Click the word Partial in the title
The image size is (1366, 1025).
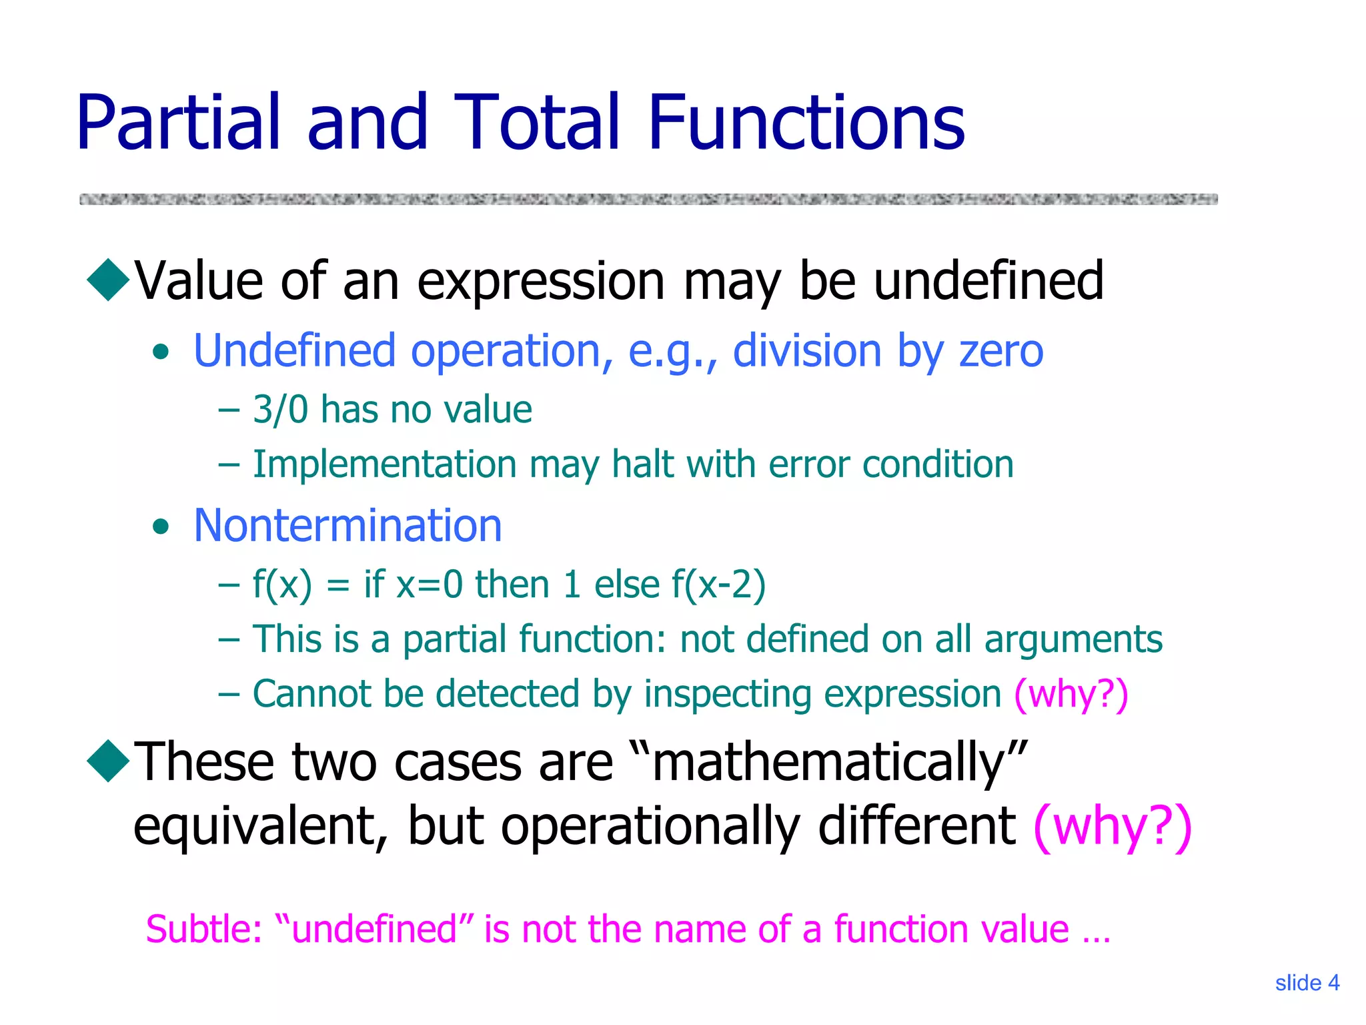click(177, 123)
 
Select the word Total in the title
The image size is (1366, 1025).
click(537, 123)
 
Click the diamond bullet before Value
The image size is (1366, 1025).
click(108, 280)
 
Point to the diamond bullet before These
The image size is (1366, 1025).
click(108, 760)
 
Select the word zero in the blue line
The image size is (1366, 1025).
click(1000, 351)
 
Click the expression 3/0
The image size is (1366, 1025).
click(280, 409)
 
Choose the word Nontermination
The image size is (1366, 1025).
click(348, 525)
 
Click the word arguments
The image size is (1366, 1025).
click(1073, 640)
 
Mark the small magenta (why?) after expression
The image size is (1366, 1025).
click(1071, 694)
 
